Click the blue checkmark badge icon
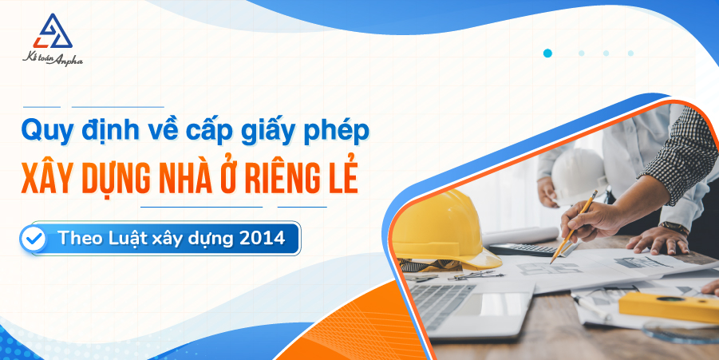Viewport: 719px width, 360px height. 34,238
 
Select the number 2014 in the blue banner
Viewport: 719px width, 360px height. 262,238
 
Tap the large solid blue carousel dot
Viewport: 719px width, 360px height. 547,53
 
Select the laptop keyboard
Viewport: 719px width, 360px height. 447,299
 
